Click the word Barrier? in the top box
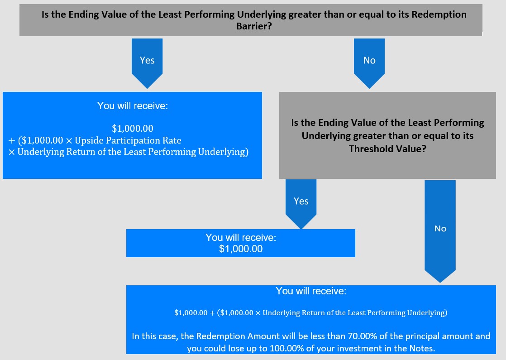click(254, 26)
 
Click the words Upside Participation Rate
click(128, 140)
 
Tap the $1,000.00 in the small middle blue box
click(241, 249)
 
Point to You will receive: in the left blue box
click(132, 106)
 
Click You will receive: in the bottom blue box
click(311, 291)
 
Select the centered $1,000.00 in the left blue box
click(132, 129)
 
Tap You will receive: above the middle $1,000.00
click(241, 237)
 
